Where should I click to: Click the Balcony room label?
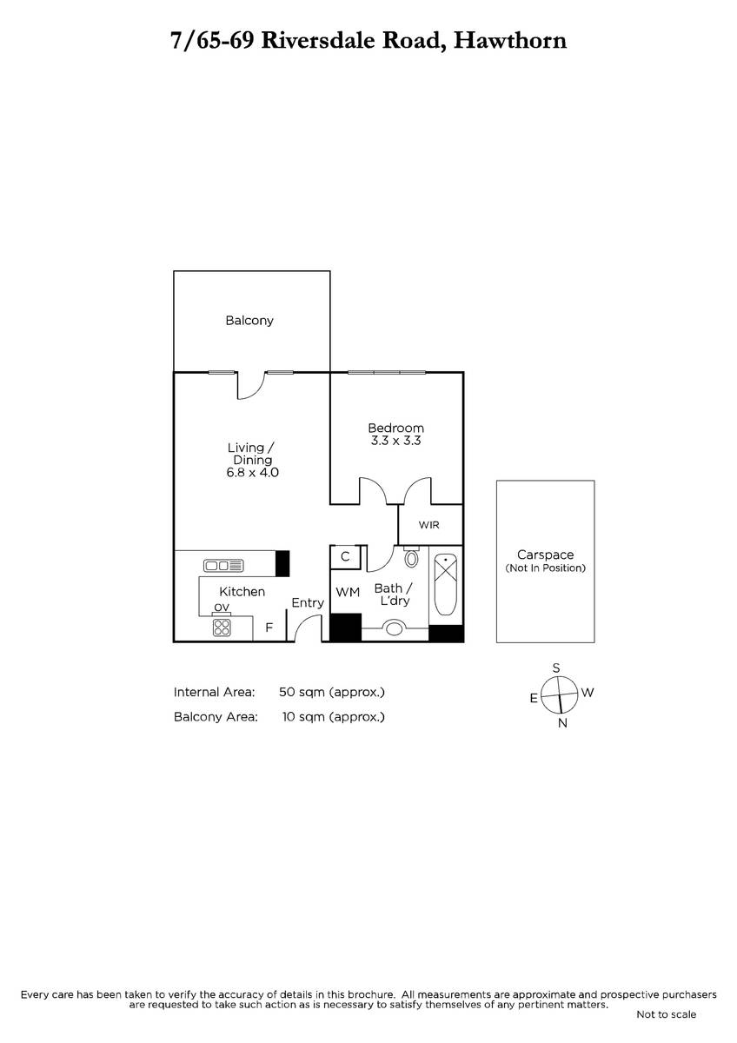pos(249,321)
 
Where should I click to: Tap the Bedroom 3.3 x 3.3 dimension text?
pos(395,441)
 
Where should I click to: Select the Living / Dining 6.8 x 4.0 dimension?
pos(252,473)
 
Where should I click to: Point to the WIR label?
pos(428,525)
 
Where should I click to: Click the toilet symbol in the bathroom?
pos(411,556)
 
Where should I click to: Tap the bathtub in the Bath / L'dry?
pos(446,585)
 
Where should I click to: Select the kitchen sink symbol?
pos(223,566)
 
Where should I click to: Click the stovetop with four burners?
pos(222,628)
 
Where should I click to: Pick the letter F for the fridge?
pos(269,628)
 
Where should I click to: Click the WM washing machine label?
pos(348,592)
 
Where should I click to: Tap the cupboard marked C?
pos(345,557)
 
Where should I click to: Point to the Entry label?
pos(308,603)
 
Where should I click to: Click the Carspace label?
pos(545,555)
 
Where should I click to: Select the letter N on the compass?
pos(562,723)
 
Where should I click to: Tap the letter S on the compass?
pos(556,668)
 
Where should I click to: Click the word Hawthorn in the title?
pos(510,41)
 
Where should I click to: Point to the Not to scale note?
pos(667,1024)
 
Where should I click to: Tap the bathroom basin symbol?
pos(395,628)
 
